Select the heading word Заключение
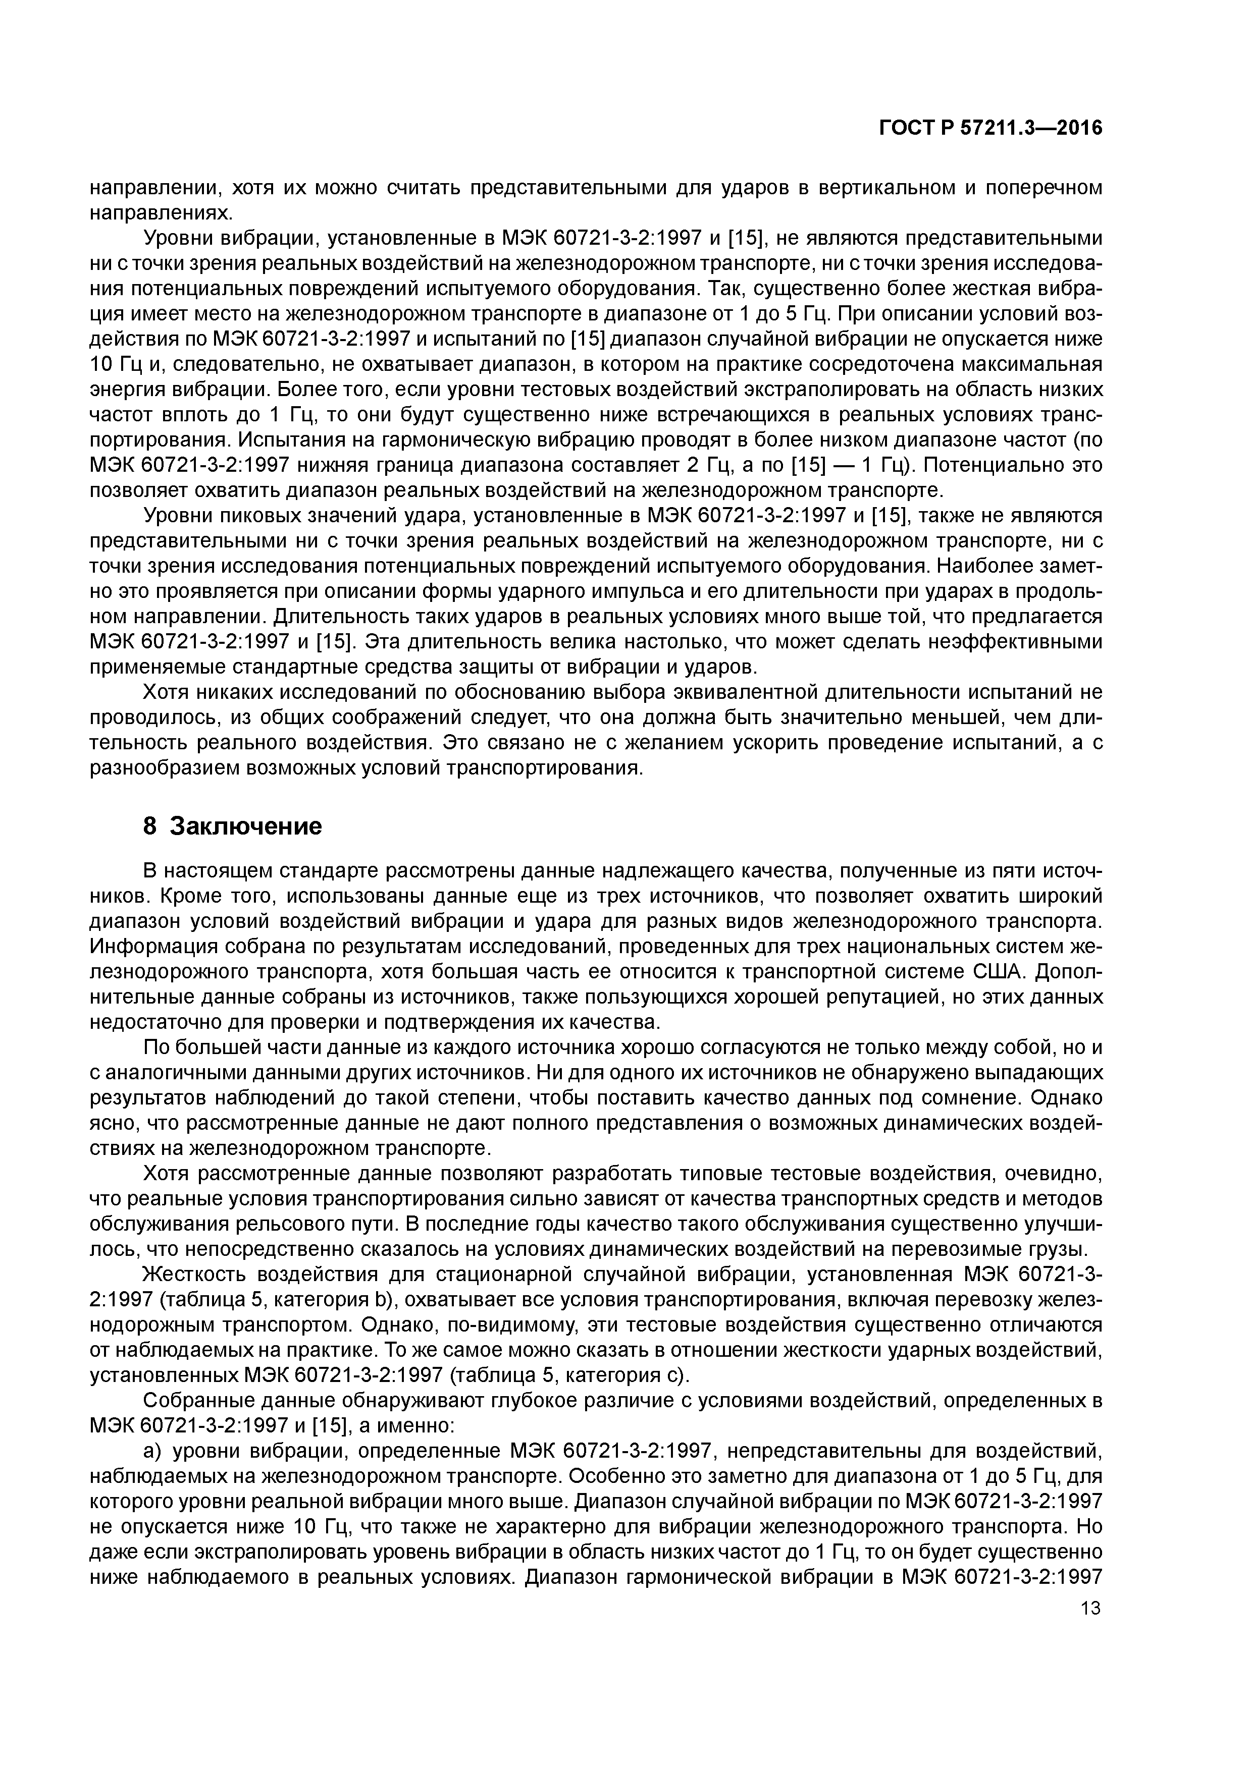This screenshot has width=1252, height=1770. [x=245, y=826]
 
